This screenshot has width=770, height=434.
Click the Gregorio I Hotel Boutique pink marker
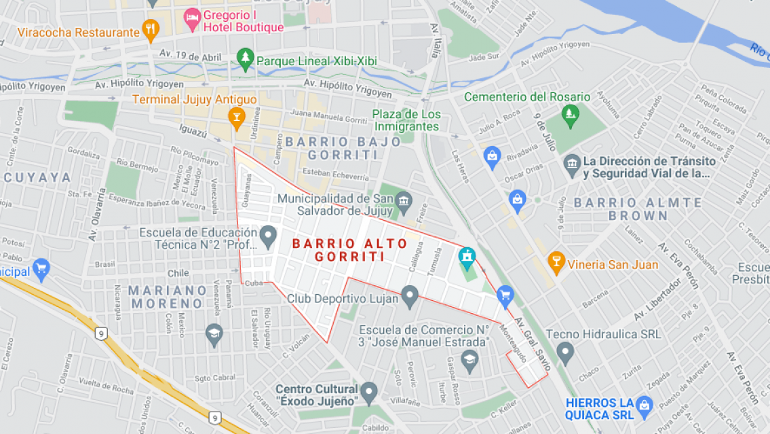[x=192, y=18]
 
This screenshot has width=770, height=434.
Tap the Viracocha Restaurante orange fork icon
[x=151, y=29]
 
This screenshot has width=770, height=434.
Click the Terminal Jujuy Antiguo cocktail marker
[x=236, y=117]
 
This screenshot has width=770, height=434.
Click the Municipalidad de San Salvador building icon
[x=404, y=200]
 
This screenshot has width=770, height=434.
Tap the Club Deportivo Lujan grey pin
[x=409, y=296]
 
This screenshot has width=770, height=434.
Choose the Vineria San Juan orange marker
[x=556, y=263]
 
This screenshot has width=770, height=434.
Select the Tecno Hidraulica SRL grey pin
[x=564, y=352]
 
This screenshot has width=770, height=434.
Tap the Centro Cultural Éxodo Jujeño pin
[x=368, y=391]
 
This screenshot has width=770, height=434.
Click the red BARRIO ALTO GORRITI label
[x=349, y=249]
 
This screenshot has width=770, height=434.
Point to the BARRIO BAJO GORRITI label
[x=332, y=148]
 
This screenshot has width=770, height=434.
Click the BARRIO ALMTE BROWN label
[x=638, y=209]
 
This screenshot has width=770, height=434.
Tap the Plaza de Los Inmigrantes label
[x=406, y=120]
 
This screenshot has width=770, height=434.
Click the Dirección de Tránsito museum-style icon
[x=571, y=163]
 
